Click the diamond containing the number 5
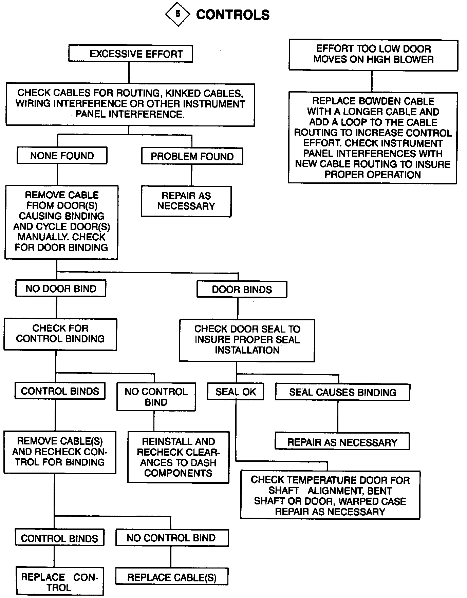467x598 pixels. [x=178, y=14]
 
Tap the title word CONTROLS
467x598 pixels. [x=233, y=15]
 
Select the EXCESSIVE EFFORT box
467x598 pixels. [x=131, y=54]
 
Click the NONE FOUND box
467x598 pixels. [x=62, y=156]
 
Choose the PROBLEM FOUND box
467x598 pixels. [x=192, y=156]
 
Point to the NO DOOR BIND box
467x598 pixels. [x=61, y=288]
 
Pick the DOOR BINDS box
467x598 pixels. [x=242, y=290]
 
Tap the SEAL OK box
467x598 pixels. [x=236, y=392]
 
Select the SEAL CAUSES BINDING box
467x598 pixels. [x=342, y=392]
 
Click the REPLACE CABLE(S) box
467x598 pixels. [x=172, y=577]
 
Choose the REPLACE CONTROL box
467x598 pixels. [x=59, y=582]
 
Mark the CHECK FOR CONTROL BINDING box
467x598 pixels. [x=60, y=334]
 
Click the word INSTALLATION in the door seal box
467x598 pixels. [x=247, y=350]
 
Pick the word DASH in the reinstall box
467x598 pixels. [x=204, y=462]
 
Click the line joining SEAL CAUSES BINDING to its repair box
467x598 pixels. [x=338, y=417]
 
